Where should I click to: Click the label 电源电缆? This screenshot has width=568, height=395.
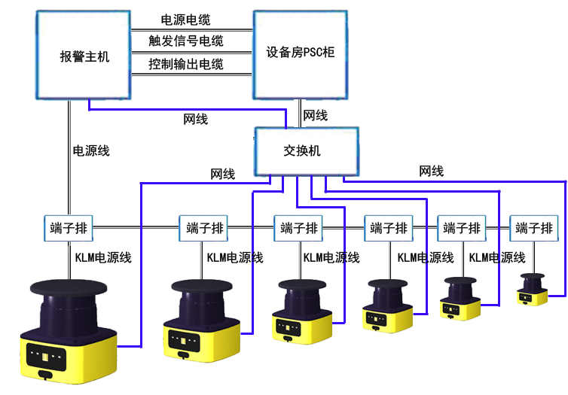(x=186, y=20)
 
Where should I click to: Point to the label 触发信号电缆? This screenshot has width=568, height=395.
(x=186, y=41)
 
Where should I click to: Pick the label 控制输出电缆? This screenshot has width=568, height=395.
(x=186, y=65)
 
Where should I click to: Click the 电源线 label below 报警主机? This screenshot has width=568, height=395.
(x=90, y=150)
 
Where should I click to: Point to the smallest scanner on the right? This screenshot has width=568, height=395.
(x=533, y=289)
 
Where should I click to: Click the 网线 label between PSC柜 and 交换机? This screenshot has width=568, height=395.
(x=315, y=116)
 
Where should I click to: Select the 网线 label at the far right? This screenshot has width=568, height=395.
(x=431, y=172)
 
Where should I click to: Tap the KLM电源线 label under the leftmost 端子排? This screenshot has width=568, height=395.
(x=103, y=258)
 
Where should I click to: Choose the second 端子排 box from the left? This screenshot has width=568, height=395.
(x=203, y=229)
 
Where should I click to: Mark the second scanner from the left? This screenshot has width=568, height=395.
(x=202, y=321)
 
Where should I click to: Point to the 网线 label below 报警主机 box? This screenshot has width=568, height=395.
(x=196, y=120)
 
